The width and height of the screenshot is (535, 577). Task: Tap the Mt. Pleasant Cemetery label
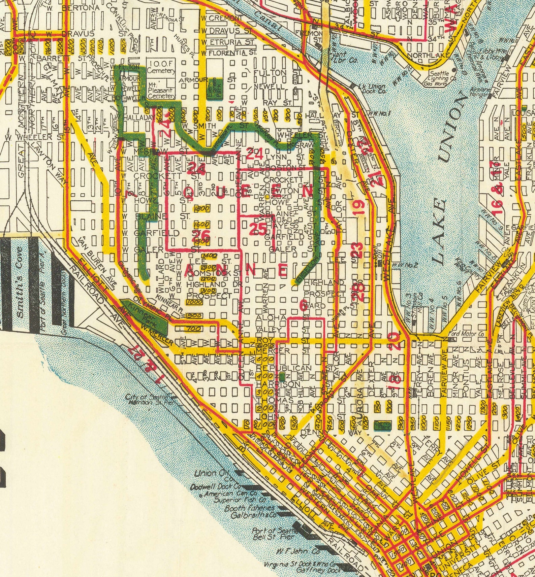161,90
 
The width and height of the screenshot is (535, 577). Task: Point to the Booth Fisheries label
250,508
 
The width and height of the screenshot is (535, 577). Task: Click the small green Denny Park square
382,425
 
